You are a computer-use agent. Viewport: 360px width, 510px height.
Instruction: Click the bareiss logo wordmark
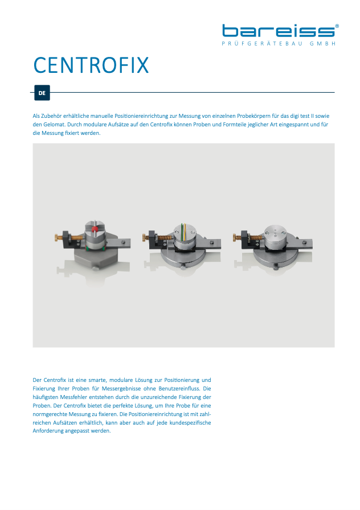(x=278, y=31)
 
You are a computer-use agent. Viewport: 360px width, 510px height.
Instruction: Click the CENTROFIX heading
(x=91, y=65)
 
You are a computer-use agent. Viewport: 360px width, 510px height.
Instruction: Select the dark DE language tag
(x=42, y=92)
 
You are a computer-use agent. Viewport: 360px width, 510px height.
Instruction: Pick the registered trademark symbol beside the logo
(x=337, y=26)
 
